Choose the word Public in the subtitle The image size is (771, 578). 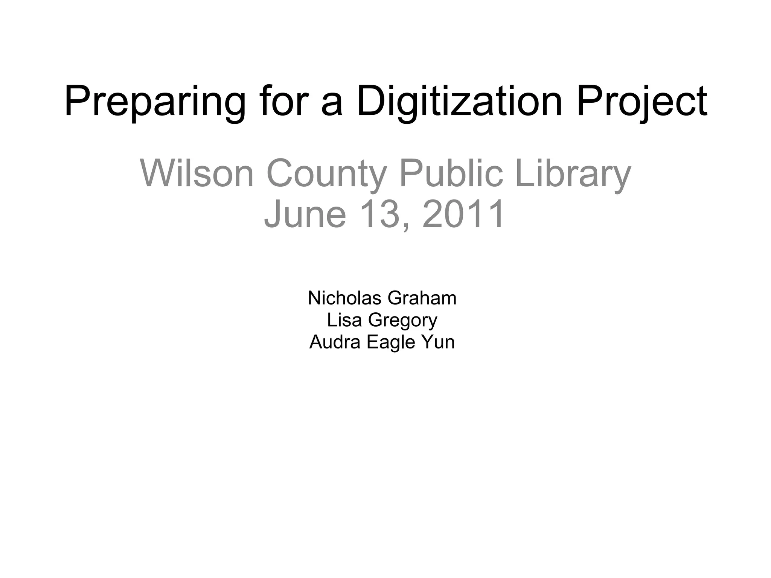pos(451,173)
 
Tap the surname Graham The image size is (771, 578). pos(422,298)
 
